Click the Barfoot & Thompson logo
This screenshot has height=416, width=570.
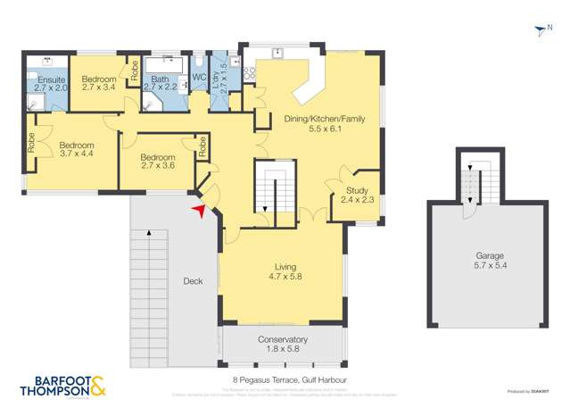tap(62, 387)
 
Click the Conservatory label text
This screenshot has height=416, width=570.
tap(282, 345)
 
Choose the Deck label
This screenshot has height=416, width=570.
tap(192, 281)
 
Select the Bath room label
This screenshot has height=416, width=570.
tap(161, 84)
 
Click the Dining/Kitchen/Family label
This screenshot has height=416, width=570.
tap(312, 123)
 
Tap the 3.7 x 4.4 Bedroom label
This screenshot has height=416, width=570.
tap(76, 149)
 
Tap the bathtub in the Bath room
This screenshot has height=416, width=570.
tap(163, 65)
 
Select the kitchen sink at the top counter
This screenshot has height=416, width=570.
tap(277, 54)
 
